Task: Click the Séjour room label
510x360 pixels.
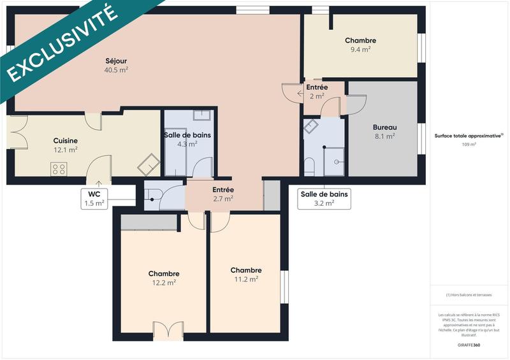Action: (x=117, y=61)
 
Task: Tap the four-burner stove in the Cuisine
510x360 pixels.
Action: (x=59, y=169)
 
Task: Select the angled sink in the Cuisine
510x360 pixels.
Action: (x=149, y=164)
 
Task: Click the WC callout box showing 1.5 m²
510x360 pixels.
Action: (x=94, y=199)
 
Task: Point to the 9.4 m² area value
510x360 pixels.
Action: (x=360, y=48)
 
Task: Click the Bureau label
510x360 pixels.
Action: (x=384, y=127)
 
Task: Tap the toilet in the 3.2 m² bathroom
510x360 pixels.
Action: (x=310, y=168)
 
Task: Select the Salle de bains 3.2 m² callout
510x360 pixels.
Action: (x=324, y=199)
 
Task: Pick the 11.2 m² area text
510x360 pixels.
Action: (x=245, y=279)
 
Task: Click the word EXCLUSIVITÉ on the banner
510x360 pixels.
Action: (x=61, y=44)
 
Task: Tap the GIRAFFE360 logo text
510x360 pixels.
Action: (x=469, y=344)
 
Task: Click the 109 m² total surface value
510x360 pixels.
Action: (x=469, y=145)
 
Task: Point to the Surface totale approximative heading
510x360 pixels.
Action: (x=468, y=136)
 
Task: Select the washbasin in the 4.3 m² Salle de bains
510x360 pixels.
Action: (x=202, y=115)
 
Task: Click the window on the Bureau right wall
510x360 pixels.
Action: (x=421, y=140)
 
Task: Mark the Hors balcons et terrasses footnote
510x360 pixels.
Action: (x=469, y=295)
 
